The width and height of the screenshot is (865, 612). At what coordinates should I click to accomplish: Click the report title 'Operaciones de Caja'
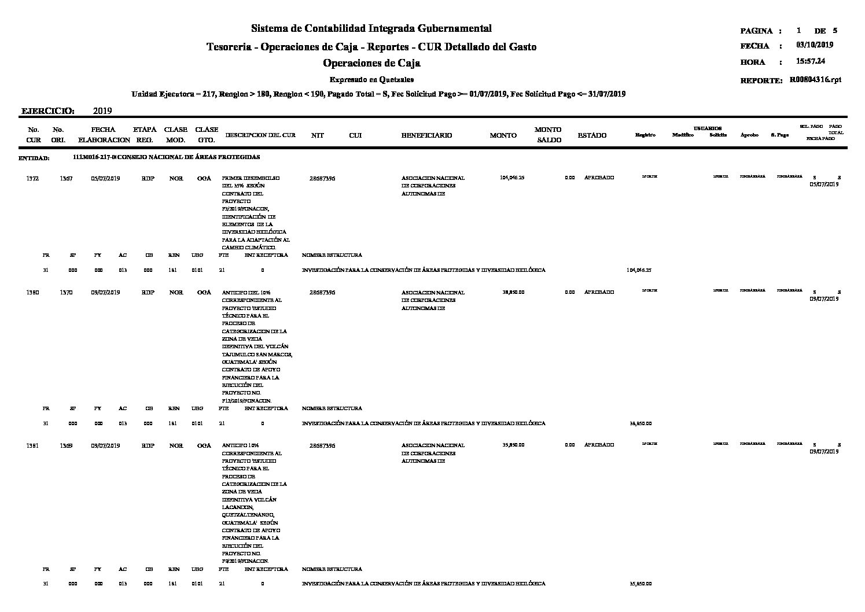coord(371,63)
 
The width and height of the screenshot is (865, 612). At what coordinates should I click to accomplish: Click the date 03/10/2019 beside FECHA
coord(815,45)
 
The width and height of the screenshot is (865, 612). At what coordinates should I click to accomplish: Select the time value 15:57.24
coord(811,61)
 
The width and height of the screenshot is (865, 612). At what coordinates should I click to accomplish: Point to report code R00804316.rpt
coord(815,80)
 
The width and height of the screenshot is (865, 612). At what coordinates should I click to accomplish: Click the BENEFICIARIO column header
coord(426,135)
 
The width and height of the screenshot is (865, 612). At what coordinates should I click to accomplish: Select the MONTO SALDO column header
coord(547,135)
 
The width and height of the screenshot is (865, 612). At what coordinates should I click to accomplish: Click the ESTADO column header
coord(592,135)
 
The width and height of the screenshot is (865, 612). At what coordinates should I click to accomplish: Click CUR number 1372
coord(33,178)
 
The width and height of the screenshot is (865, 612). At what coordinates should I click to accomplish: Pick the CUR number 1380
coord(33,293)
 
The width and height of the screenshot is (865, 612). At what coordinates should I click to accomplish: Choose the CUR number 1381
coord(33,445)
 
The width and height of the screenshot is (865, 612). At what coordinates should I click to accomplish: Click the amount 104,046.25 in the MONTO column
coord(511,178)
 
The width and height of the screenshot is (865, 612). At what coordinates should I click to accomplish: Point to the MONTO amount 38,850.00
coord(513,293)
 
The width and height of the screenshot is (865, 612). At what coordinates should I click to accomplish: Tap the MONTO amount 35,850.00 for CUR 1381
coord(513,445)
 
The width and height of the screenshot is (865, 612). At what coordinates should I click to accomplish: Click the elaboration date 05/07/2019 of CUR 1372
coord(105,178)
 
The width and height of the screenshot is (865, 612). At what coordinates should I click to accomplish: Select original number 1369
coord(66,445)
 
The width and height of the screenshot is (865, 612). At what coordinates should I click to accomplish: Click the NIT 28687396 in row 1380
coord(322,293)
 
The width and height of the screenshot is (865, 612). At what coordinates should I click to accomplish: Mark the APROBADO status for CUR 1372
coord(599,178)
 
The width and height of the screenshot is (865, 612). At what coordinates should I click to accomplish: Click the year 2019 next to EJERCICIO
coord(102,111)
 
